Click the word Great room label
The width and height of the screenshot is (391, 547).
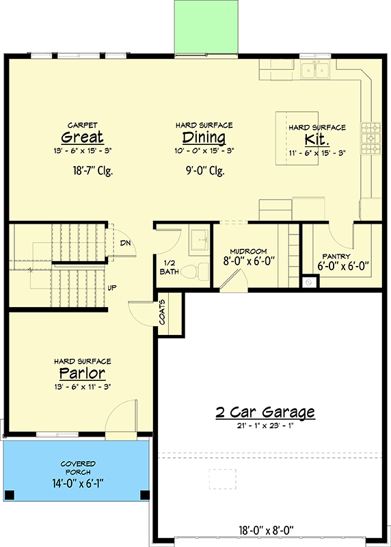pos(82,137)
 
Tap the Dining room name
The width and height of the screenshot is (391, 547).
pos(204,137)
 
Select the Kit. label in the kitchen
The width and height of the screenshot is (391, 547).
pos(316,139)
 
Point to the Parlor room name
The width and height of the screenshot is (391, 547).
pos(82,373)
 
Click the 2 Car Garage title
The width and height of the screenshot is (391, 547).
pos(265,412)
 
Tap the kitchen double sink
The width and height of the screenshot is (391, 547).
pos(316,70)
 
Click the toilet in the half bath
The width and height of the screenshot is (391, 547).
pos(195,270)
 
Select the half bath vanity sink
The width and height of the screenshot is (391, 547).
pos(199,240)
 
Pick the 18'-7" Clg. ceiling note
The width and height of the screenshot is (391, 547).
pos(93,171)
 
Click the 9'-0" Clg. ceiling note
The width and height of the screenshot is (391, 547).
pos(205,171)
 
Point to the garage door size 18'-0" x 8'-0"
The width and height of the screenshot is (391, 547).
pos(269,531)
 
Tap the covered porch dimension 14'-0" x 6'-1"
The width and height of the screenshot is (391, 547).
pos(78,484)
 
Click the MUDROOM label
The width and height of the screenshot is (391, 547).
pos(248,251)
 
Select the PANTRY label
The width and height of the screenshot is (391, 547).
pos(336,256)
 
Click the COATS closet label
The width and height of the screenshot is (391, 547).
pos(163,312)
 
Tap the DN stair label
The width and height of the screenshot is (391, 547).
pos(125,243)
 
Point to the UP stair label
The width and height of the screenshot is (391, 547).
pos(112,288)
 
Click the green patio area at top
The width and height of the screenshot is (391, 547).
pos(206,27)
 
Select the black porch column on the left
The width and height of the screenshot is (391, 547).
pos(10,495)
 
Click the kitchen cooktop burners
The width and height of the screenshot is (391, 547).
pos(370,139)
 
